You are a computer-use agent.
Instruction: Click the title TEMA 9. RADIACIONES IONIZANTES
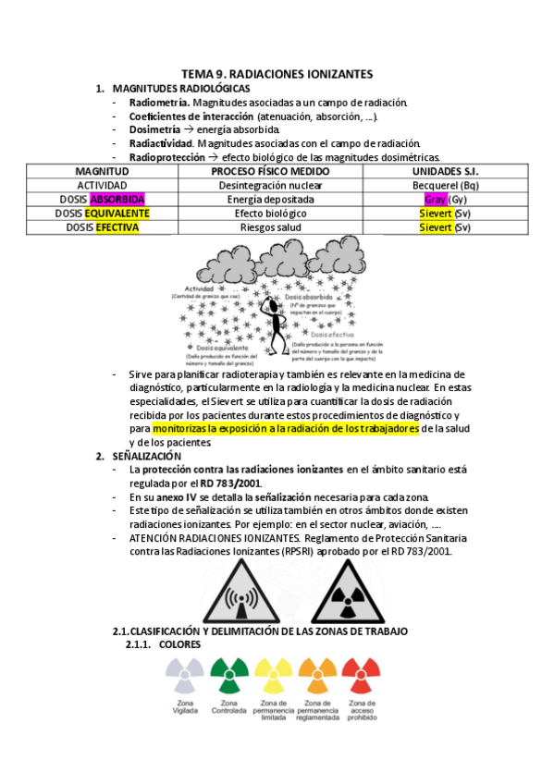(x=277, y=73)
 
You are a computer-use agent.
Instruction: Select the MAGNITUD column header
(x=102, y=172)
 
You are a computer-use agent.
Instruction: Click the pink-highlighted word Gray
(x=435, y=199)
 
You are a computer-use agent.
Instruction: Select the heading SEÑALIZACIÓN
(x=146, y=456)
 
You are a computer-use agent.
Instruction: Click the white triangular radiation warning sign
(x=241, y=594)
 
